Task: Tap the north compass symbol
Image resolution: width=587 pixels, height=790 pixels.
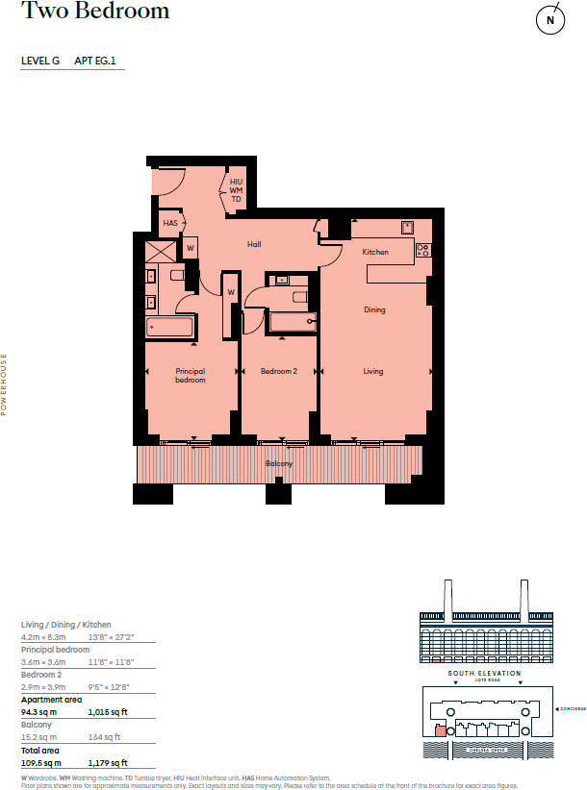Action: point(550,19)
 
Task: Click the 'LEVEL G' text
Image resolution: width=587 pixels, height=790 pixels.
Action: point(40,61)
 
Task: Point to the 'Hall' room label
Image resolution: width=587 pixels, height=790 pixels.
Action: point(254,245)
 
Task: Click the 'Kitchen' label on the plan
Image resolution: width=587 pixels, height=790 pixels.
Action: point(375,252)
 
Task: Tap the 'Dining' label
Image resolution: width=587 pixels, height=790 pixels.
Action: point(374,310)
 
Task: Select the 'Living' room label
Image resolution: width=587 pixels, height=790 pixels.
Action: point(373,371)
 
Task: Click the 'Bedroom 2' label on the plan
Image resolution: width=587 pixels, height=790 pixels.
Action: point(279,371)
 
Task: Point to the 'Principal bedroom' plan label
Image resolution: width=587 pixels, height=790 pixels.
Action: point(191,375)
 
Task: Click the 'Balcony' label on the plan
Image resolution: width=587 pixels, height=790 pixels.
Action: point(279,464)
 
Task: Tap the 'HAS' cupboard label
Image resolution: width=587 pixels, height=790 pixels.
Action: point(170,223)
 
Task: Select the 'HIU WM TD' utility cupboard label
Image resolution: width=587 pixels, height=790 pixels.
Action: point(236,189)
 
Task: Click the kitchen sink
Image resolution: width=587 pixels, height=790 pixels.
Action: point(407,229)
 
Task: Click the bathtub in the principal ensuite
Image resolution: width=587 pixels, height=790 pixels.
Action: point(170,328)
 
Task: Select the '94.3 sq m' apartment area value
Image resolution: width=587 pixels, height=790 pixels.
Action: point(40,712)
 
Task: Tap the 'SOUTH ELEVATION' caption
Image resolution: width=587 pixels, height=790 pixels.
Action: point(485,673)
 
